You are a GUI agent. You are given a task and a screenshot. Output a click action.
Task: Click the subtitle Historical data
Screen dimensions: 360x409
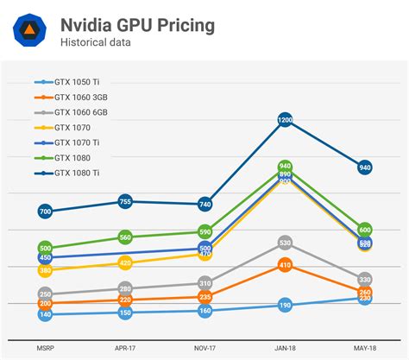pos(97,41)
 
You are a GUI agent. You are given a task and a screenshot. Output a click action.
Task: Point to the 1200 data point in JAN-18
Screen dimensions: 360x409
pos(285,121)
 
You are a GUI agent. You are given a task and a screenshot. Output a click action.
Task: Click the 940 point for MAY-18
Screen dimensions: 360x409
pos(364,167)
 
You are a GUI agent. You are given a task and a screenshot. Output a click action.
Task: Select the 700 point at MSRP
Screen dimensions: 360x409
pos(46,212)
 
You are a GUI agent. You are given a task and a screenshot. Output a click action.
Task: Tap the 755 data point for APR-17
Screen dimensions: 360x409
pos(125,202)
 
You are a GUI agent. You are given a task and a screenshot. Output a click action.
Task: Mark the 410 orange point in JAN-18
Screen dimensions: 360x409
pos(285,265)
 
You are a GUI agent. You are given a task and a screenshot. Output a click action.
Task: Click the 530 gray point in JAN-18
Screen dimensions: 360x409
pos(285,243)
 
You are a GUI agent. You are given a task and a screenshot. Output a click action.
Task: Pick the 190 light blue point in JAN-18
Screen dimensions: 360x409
pos(285,305)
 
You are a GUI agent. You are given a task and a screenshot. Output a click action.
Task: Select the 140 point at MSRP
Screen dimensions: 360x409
pos(46,315)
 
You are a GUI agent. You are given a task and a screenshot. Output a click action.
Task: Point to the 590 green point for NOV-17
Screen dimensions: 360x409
pos(205,232)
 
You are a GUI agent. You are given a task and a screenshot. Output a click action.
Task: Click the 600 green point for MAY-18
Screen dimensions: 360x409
pos(364,230)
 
